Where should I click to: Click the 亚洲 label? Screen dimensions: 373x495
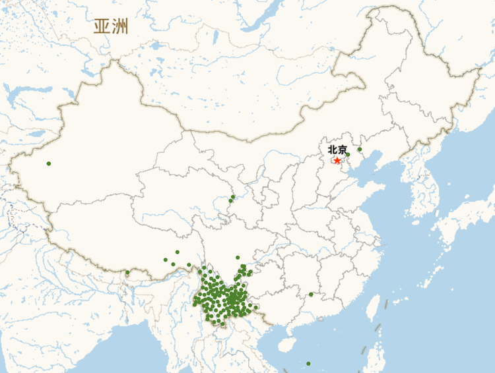[111, 26]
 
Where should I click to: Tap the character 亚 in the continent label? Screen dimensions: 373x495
[102, 26]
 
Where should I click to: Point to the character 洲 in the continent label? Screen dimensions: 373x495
[120, 26]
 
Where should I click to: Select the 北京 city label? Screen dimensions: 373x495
[337, 150]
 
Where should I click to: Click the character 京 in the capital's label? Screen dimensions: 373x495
[342, 150]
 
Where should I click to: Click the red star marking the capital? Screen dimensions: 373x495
[337, 160]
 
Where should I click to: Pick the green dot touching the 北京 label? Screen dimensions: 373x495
[348, 154]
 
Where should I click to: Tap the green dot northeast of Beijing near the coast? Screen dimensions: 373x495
[360, 150]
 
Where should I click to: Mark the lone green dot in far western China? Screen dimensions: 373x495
[48, 163]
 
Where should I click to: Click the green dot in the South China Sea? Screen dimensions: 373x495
[308, 363]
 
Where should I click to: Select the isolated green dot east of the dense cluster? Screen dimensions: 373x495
[311, 294]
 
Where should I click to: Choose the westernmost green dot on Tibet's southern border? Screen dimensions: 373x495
[127, 272]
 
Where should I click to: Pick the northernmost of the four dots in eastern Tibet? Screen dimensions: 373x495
[177, 252]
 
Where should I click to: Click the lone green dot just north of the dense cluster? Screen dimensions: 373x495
[238, 258]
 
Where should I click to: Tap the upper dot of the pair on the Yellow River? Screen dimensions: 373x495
[233, 196]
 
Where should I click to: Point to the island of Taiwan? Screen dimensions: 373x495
[374, 308]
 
